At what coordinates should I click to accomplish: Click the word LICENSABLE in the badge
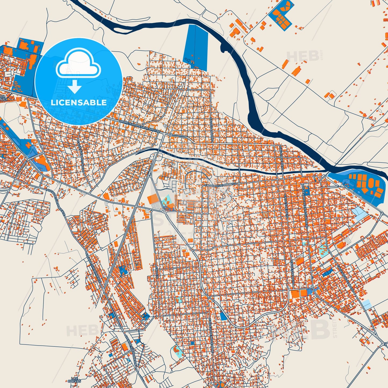tap(79, 102)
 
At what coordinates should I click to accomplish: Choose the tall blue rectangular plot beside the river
tap(195, 47)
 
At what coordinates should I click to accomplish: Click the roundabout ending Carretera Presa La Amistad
tap(170, 135)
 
